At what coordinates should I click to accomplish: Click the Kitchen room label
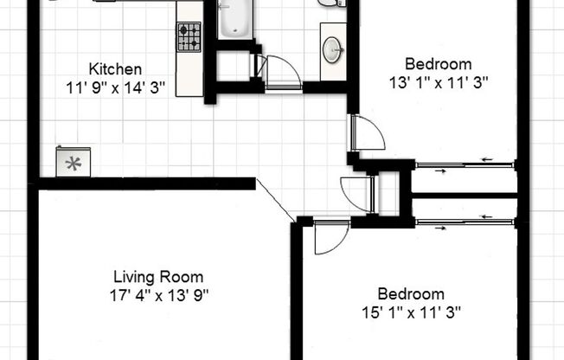coord(115,69)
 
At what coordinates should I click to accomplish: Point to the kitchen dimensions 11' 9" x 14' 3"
coord(115,87)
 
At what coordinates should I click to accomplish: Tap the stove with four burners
coord(189,37)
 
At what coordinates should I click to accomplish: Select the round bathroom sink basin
coord(332,49)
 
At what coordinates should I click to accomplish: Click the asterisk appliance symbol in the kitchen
coord(73,162)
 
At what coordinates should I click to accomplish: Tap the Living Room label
coord(158,278)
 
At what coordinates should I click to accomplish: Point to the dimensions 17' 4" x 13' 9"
coord(158,295)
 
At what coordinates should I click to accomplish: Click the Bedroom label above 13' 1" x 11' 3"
coord(439,64)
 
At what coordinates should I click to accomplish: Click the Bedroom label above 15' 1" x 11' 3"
coord(411,294)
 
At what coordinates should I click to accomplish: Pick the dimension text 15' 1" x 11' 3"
coord(411,312)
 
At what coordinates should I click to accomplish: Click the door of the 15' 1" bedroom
coord(328,236)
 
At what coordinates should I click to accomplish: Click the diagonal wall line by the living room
coord(276,200)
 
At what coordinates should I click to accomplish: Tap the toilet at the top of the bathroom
coord(332,3)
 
